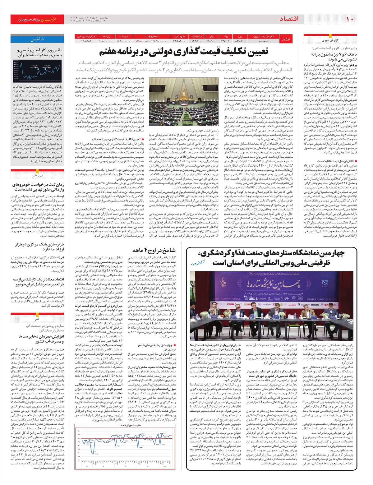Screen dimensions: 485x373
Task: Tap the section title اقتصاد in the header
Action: click(x=289, y=19)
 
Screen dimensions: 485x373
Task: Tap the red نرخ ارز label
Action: click(x=286, y=39)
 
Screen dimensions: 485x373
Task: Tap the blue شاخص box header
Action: click(x=37, y=39)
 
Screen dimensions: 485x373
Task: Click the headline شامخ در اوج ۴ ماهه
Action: click(x=154, y=250)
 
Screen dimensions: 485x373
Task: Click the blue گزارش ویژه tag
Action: click(x=198, y=263)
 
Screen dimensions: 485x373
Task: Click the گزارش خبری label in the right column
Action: click(x=330, y=40)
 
